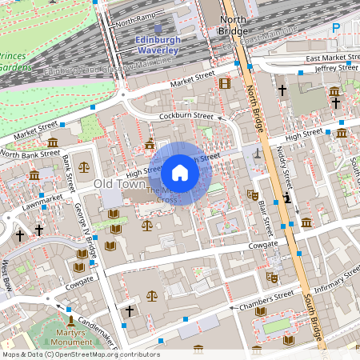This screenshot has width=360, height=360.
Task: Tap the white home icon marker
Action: tap(180, 172)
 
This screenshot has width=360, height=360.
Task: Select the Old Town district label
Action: tap(118, 184)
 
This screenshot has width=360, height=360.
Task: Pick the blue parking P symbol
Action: tap(336, 27)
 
